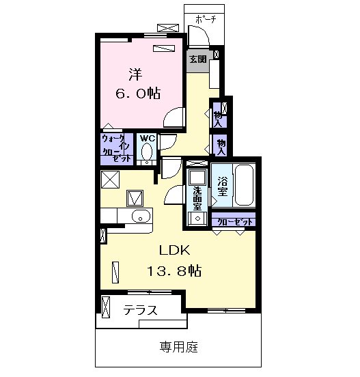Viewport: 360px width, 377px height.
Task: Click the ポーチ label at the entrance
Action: [205, 19]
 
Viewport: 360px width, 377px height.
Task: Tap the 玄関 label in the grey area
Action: [198, 59]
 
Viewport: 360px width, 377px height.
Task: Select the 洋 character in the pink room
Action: [135, 74]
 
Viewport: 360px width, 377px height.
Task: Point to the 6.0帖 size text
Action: [138, 94]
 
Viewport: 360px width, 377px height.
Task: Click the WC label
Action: [147, 138]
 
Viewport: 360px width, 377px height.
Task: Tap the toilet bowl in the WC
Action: [147, 152]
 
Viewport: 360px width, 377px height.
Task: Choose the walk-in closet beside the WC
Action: [117, 150]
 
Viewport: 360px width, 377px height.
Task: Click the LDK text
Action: [175, 250]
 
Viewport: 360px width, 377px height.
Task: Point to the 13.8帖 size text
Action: [174, 271]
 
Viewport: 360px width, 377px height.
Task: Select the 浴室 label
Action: [223, 186]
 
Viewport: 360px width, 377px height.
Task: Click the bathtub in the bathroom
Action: [244, 184]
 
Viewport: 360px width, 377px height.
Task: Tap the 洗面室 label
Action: [197, 199]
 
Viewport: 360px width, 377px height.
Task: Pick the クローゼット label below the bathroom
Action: [235, 222]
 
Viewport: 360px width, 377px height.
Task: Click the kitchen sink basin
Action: [141, 216]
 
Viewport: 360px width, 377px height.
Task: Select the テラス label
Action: [141, 310]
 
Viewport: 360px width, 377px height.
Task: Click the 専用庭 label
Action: [179, 347]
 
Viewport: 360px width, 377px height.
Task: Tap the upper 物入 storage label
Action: [218, 120]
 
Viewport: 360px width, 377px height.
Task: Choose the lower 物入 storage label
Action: [221, 147]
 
